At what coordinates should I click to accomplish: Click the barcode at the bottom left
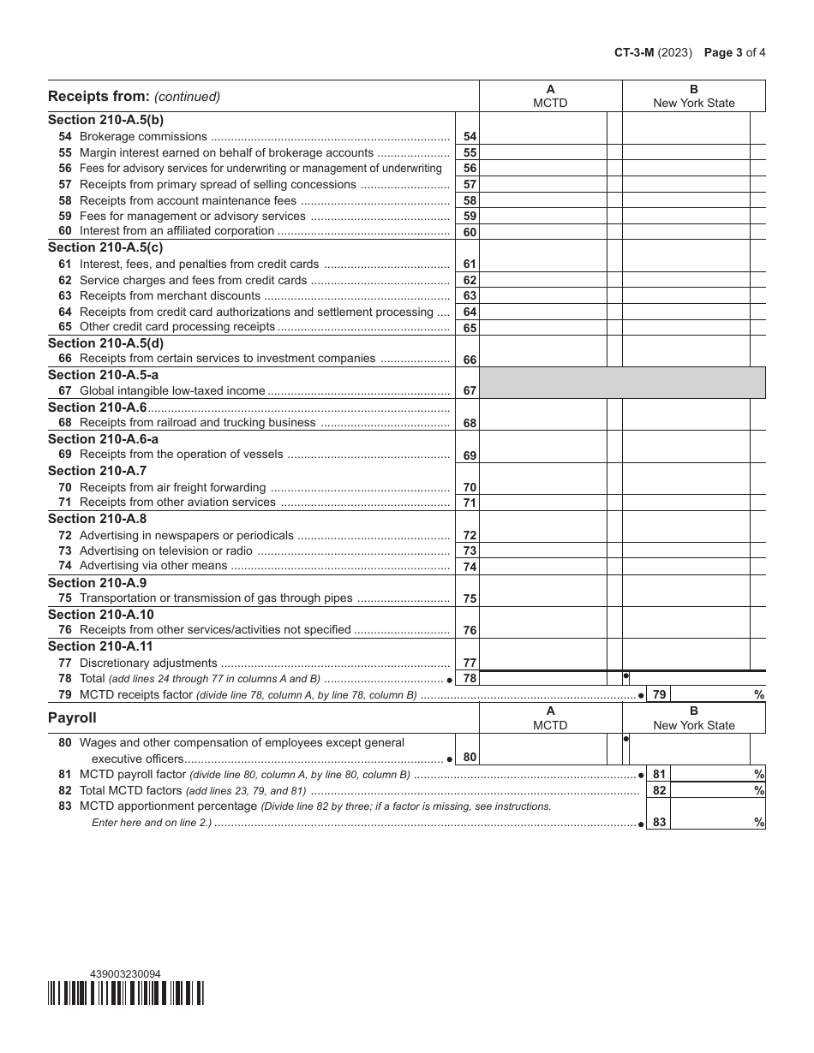(x=126, y=993)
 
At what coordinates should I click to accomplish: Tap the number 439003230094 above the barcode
(x=125, y=974)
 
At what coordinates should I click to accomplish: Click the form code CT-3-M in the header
(x=633, y=52)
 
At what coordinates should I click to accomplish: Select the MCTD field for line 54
(x=542, y=136)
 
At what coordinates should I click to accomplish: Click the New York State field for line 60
(x=685, y=231)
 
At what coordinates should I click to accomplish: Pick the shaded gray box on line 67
(x=622, y=384)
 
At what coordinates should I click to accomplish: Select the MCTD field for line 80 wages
(x=542, y=749)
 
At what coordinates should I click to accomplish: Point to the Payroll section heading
(x=72, y=717)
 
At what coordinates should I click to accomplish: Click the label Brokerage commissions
(x=143, y=137)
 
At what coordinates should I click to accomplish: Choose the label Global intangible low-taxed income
(x=172, y=391)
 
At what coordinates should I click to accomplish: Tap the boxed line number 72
(x=470, y=536)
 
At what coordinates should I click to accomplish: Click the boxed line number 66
(x=470, y=360)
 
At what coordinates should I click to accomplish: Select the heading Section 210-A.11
(x=100, y=646)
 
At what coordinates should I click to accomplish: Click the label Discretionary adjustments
(x=148, y=663)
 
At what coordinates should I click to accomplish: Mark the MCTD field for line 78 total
(x=542, y=678)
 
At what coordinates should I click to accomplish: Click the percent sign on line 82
(x=758, y=791)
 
